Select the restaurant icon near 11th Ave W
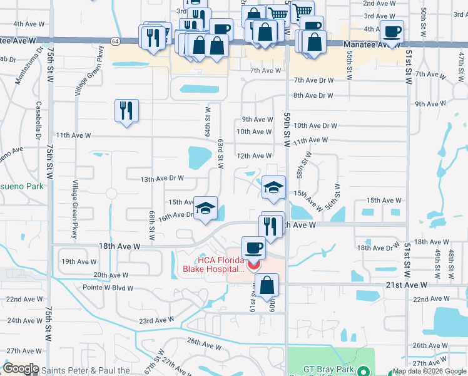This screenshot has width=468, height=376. tap(126, 111)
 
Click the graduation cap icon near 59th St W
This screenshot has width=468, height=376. tap(273, 187)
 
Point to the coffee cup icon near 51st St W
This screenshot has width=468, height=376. tap(392, 31)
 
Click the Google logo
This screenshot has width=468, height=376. tap(21, 368)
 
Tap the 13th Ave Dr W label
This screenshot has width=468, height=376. tap(161, 179)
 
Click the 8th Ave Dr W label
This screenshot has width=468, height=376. tap(313, 95)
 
